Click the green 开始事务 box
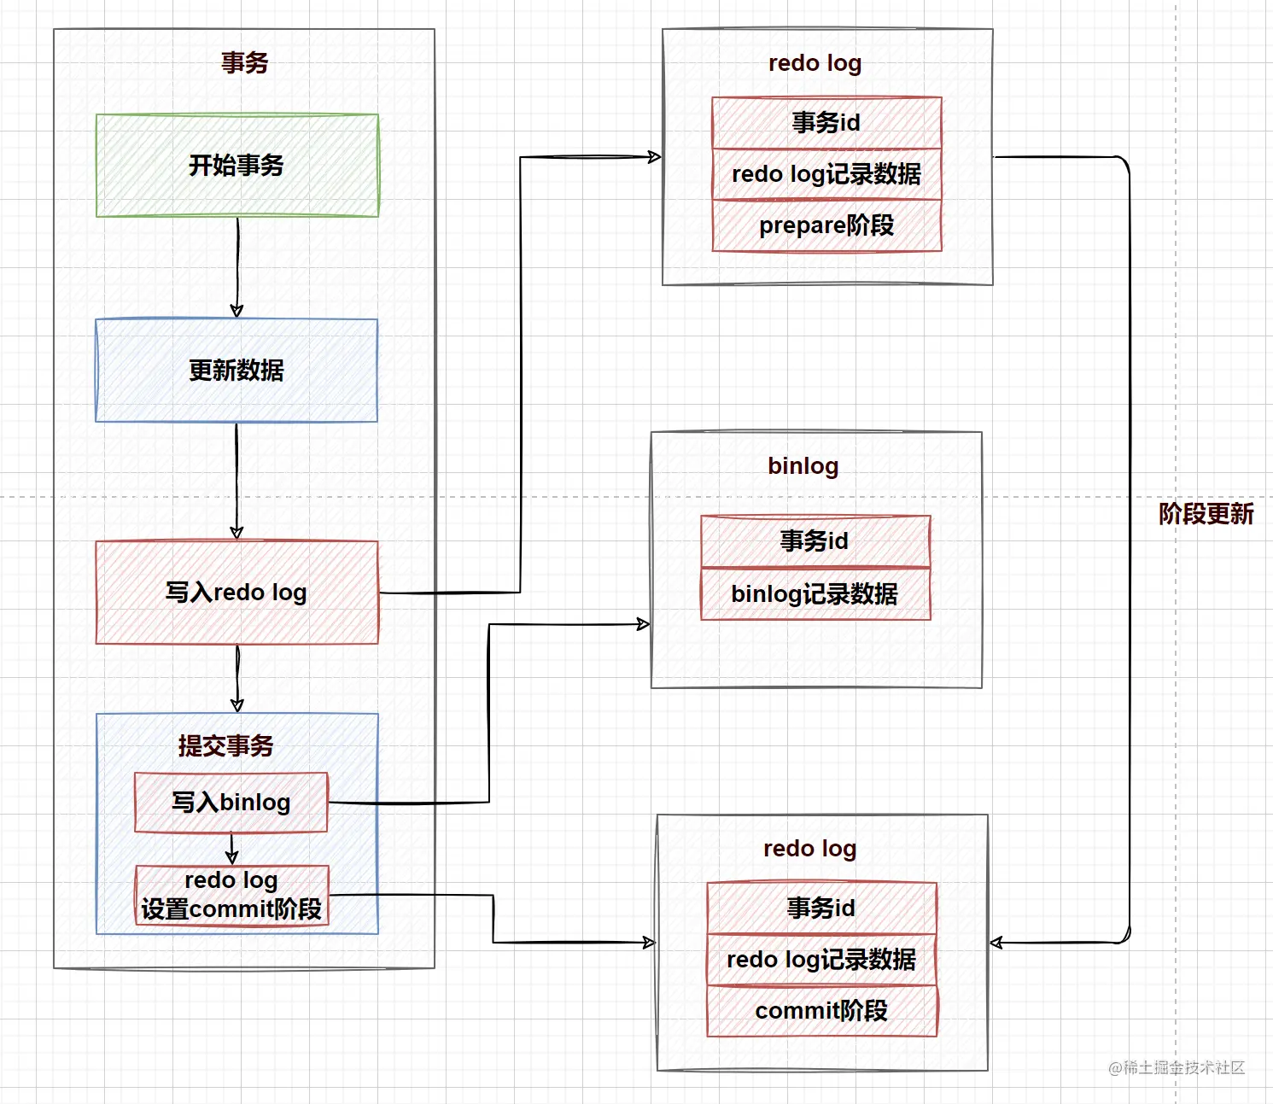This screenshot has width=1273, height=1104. click(x=237, y=166)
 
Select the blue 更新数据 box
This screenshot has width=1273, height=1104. click(x=236, y=371)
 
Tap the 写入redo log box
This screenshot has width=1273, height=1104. click(x=236, y=593)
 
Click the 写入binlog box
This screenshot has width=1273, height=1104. click(x=231, y=803)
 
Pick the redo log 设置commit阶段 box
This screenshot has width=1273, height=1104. click(x=231, y=896)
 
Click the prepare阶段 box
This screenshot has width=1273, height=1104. click(x=826, y=226)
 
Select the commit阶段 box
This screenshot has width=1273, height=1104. click(x=821, y=1012)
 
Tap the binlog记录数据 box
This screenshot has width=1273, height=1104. click(x=815, y=594)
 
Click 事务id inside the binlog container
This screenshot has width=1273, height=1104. click(x=815, y=541)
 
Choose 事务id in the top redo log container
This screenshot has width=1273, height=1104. click(x=826, y=123)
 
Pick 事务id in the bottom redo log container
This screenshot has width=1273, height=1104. click(x=821, y=908)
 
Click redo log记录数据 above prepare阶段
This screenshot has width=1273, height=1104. click(x=826, y=174)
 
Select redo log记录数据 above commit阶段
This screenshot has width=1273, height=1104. click(x=821, y=960)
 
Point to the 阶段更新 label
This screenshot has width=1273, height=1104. click(x=1206, y=514)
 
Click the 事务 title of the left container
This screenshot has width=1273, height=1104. click(x=244, y=62)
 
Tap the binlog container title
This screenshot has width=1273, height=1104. click(x=803, y=466)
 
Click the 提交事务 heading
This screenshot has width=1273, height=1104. click(x=225, y=746)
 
